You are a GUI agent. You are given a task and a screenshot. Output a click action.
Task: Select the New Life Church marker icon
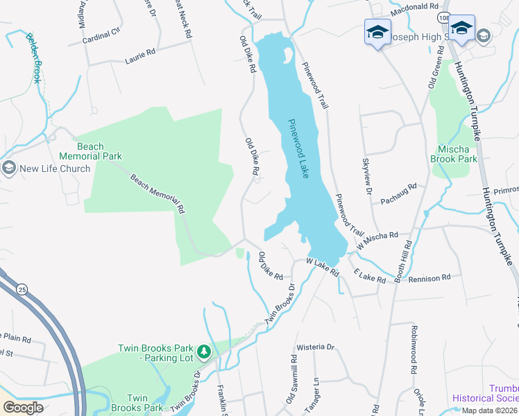coord(8,168)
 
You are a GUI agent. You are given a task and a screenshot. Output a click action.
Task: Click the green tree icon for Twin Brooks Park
coord(204,352)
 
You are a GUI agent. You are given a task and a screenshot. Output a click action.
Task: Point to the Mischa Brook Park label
coord(457,154)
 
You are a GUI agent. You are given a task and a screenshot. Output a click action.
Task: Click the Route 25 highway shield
coord(22,288)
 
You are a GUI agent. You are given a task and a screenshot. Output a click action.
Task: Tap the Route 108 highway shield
coord(443,16)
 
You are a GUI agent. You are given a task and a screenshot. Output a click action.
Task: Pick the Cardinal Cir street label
coord(101,31)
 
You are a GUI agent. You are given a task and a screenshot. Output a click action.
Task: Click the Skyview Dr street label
coord(367,175)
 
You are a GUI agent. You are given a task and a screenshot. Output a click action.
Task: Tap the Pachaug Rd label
coord(398,194)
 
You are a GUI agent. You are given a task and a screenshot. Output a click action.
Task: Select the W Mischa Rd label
coord(377,241)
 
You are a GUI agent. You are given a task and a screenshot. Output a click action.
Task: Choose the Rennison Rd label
coord(430,277)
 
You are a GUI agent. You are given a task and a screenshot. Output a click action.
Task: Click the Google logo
coord(23,407)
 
